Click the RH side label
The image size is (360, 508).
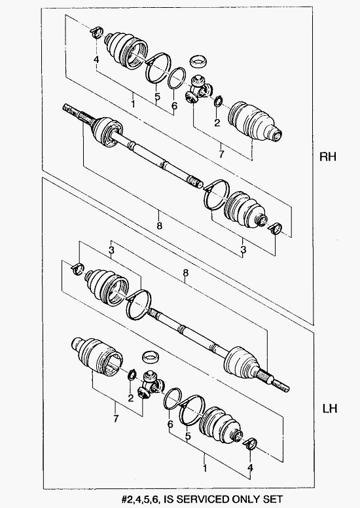coord(327,157)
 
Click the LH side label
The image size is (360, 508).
coord(330,408)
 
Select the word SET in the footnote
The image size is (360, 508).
coord(272,499)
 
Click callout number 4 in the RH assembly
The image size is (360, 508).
coord(96,60)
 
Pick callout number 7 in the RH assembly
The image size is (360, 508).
coord(221,154)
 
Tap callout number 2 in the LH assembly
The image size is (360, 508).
coord(131,398)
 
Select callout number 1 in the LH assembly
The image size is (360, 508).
coord(205,468)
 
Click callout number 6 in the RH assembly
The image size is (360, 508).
coord(174,105)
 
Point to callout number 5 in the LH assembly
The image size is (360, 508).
coord(188,437)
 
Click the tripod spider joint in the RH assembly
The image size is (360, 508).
coord(198,90)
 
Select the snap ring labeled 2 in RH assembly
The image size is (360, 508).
coord(218,101)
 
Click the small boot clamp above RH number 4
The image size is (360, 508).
coord(97,32)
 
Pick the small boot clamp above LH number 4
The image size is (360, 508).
coord(251,444)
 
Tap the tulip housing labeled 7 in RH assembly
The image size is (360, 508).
coord(255,122)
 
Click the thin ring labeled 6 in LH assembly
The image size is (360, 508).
coord(172,398)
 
